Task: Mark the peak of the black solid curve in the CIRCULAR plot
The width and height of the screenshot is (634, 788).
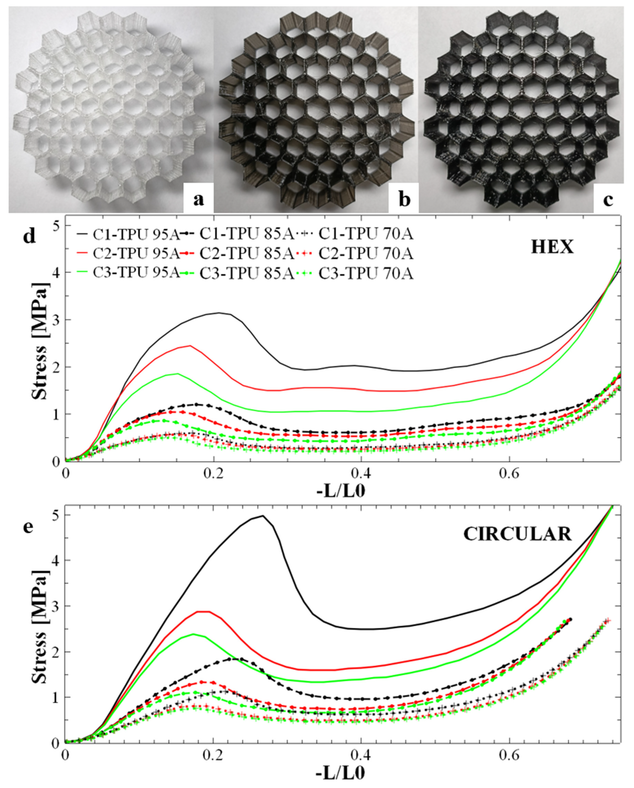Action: point(262,516)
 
